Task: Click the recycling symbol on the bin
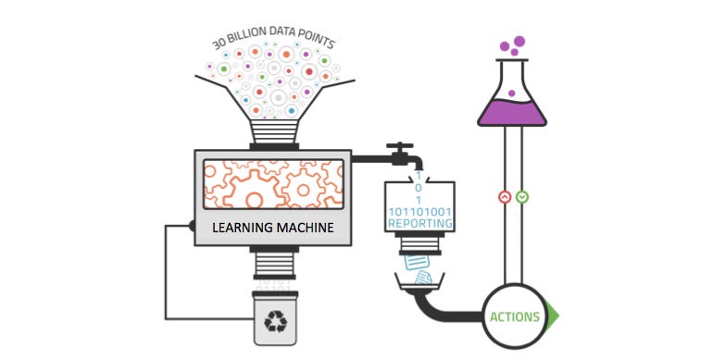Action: click(x=275, y=321)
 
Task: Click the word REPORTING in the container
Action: click(x=421, y=223)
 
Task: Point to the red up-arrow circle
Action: click(x=505, y=196)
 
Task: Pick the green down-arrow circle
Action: click(x=522, y=196)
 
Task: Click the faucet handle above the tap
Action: click(x=399, y=146)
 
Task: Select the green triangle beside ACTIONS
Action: click(x=554, y=317)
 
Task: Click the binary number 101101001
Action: click(x=420, y=210)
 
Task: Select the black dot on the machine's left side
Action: click(x=193, y=226)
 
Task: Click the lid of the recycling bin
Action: click(x=275, y=296)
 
